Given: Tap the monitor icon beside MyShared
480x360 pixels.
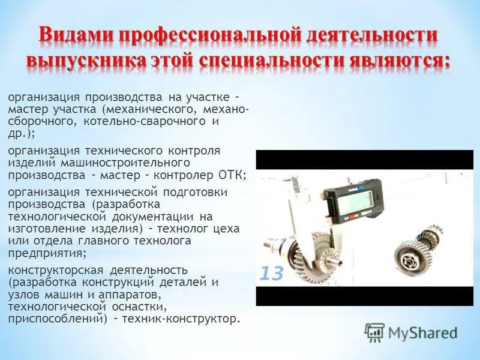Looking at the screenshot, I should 374,332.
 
